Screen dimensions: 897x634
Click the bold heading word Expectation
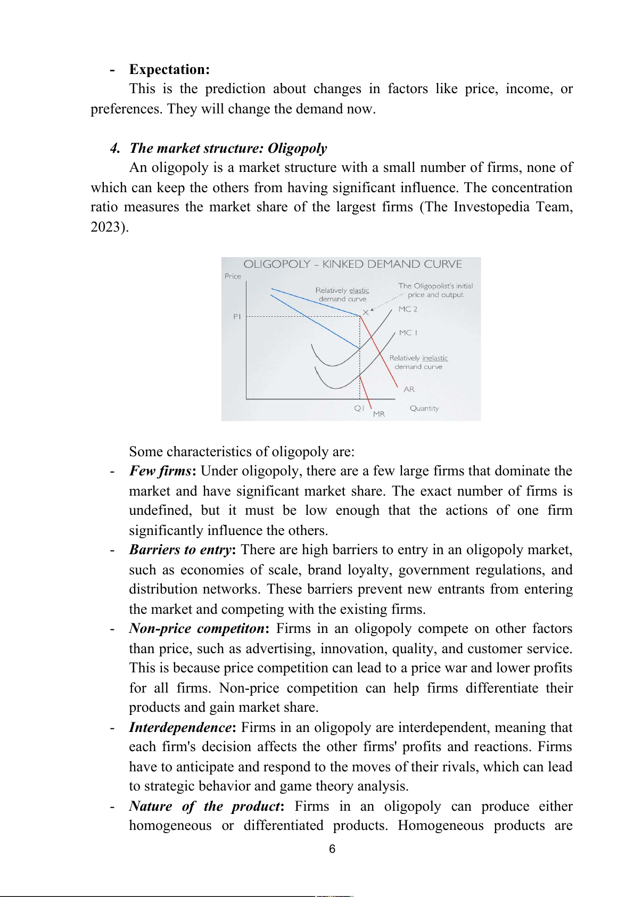(x=169, y=70)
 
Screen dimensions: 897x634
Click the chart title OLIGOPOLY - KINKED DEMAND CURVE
(x=352, y=265)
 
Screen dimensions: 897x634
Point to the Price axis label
(x=233, y=276)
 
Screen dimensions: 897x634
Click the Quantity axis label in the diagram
(x=424, y=408)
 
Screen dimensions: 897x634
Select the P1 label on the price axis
(x=237, y=317)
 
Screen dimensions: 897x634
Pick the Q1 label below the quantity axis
(x=359, y=408)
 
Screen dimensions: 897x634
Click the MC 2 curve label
(x=408, y=309)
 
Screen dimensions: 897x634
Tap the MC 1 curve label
(x=408, y=333)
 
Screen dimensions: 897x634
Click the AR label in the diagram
(x=409, y=389)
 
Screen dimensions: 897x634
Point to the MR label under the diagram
(x=378, y=414)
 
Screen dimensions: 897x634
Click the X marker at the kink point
(x=366, y=312)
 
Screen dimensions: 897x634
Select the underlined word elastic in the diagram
(x=359, y=290)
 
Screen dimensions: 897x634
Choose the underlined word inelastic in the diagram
(x=435, y=358)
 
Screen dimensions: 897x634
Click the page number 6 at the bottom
(x=332, y=849)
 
